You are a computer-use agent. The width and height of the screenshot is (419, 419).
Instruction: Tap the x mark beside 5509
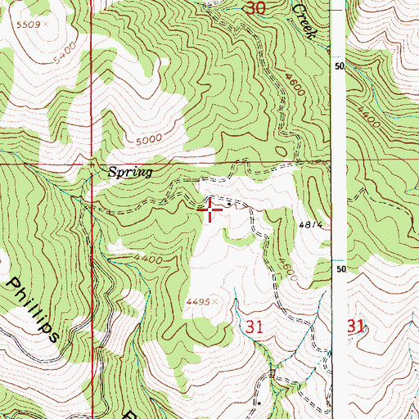pos(46,25)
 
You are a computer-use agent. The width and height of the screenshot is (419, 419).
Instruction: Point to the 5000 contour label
pos(151,139)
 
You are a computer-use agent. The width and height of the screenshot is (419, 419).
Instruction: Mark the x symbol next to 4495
pos(213,302)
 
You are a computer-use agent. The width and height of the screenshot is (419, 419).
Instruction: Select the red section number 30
pos(255,9)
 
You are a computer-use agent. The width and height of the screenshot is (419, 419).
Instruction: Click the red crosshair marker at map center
pos(211,210)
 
